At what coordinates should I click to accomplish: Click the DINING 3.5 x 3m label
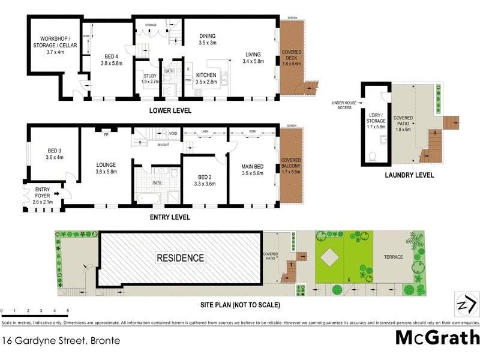[x=208, y=40]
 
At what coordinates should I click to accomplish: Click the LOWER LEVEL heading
[x=171, y=110]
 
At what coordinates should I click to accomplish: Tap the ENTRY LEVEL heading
[x=170, y=217]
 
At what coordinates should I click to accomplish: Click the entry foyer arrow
[x=56, y=194]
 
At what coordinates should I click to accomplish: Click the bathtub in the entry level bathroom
[x=146, y=197]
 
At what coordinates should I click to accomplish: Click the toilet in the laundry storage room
[x=373, y=157]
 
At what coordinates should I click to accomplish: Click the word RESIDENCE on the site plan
[x=180, y=259]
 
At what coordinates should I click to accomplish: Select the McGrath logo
[x=437, y=337]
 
